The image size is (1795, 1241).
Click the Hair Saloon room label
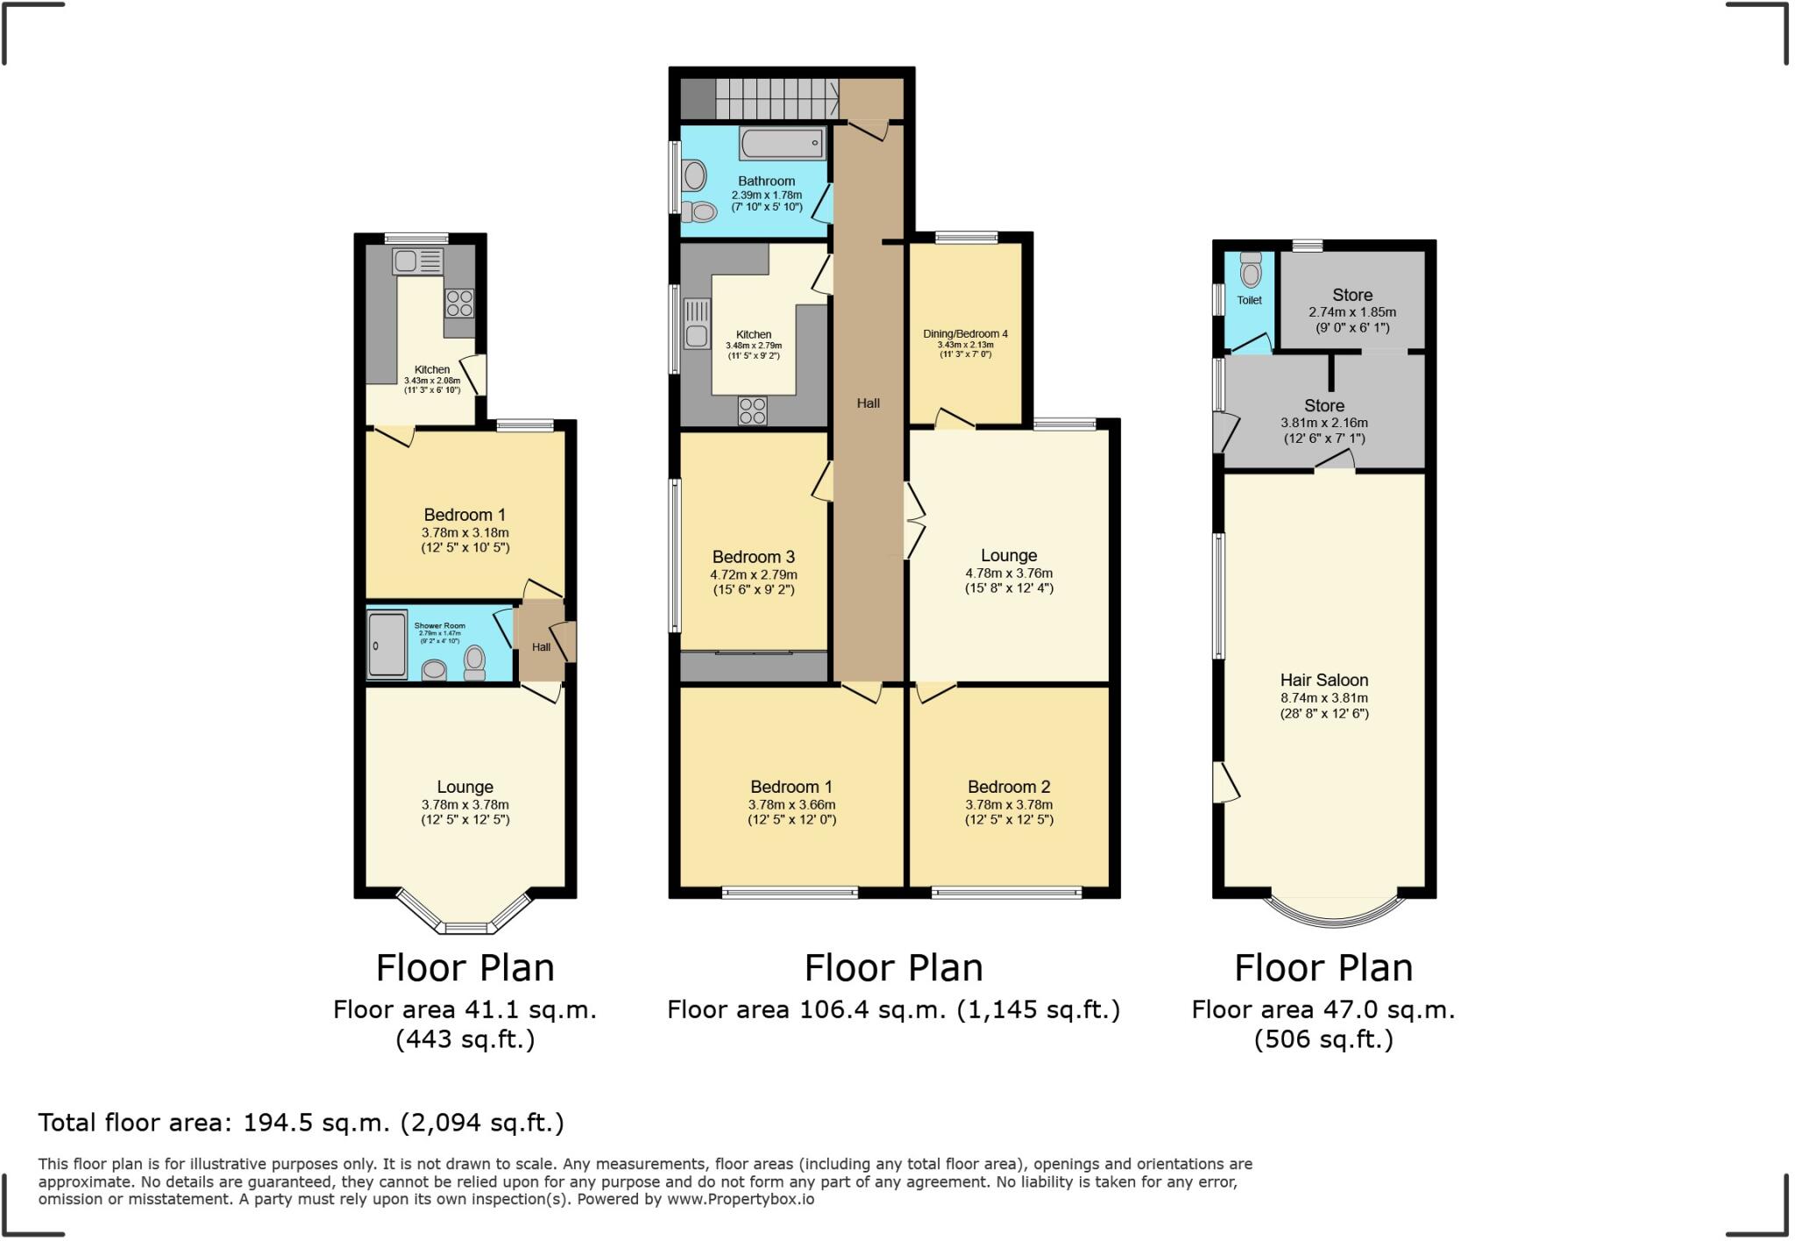coord(1323,680)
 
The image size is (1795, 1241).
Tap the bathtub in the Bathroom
coord(783,143)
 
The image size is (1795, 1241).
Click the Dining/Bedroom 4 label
coord(965,334)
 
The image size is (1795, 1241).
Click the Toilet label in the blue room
coord(1249,300)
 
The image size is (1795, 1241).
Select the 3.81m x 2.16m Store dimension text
coord(1323,423)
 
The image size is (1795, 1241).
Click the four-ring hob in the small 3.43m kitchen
coord(459,303)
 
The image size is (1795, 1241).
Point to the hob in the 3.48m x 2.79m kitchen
coord(752,410)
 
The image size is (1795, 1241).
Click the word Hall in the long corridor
coord(868,403)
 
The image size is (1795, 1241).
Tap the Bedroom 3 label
coord(753,557)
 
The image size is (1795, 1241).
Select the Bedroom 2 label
coord(1008,787)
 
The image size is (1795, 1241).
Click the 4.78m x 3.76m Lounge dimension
coord(1009,574)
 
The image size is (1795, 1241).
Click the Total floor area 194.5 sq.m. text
coord(301,1123)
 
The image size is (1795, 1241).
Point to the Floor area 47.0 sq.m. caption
coord(1323,1009)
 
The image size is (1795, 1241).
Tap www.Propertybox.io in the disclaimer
coord(740,1199)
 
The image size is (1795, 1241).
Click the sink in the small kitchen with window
coord(407,260)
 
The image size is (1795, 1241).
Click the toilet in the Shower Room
coord(474,663)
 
